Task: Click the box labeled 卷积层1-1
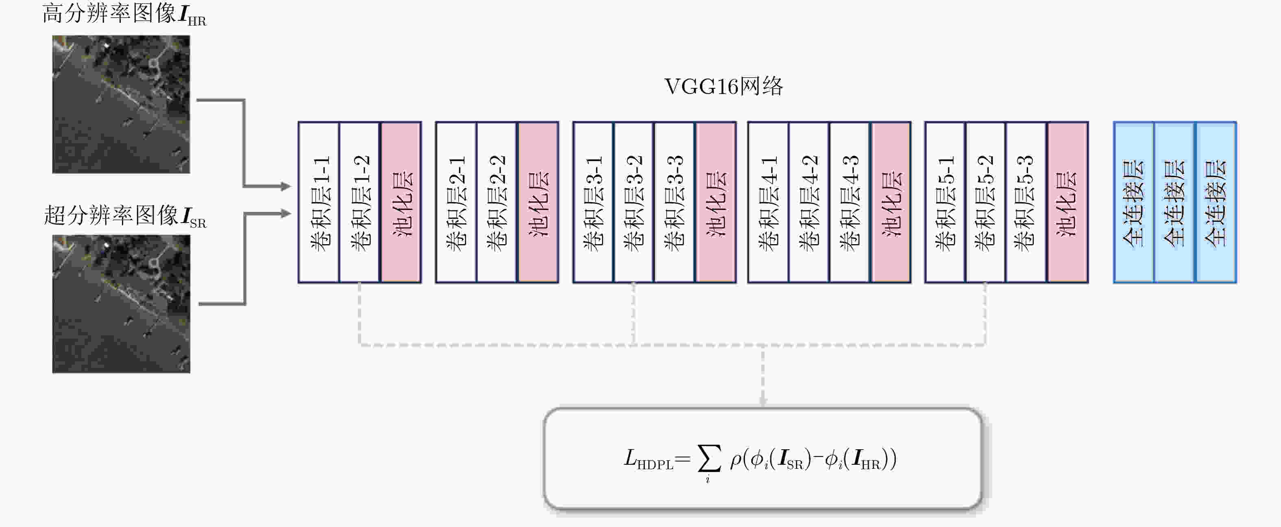coord(319,202)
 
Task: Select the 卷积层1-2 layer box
coord(359,202)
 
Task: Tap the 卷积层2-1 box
coord(456,202)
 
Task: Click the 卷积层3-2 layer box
coord(634,202)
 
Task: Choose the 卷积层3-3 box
coord(674,202)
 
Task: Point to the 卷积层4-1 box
coord(768,202)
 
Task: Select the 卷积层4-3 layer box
coord(850,202)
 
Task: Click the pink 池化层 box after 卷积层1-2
coord(401,202)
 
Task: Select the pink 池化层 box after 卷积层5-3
coord(1067,202)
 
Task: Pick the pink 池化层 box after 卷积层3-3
coord(716,202)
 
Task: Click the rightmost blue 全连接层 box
coord(1216,202)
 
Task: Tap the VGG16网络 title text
coord(723,87)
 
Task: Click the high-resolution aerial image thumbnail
coord(121,104)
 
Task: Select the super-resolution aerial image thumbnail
coord(121,304)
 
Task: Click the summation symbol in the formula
coord(709,459)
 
